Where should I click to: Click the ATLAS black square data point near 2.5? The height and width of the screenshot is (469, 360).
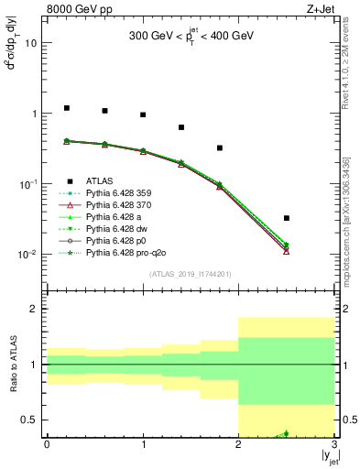tap(287, 218)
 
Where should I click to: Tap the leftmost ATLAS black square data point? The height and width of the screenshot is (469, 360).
tap(66, 108)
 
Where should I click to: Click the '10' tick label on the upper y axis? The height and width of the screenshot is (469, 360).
tap(31, 43)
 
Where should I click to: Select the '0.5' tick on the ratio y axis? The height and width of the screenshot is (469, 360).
tap(29, 420)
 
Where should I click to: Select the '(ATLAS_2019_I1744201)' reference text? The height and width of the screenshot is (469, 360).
tap(190, 274)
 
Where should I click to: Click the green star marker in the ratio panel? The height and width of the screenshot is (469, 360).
tap(286, 433)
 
